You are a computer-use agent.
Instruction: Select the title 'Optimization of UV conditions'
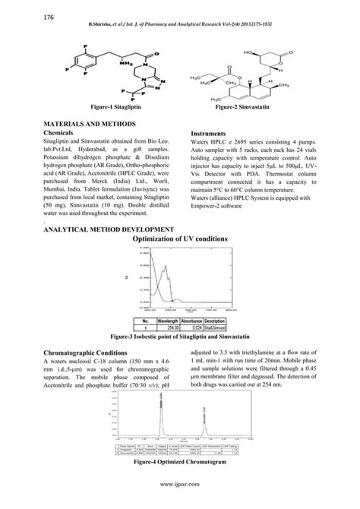[179, 239]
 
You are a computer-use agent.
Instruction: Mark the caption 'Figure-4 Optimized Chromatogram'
[180, 461]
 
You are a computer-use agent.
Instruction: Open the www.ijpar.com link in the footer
[179, 500]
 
